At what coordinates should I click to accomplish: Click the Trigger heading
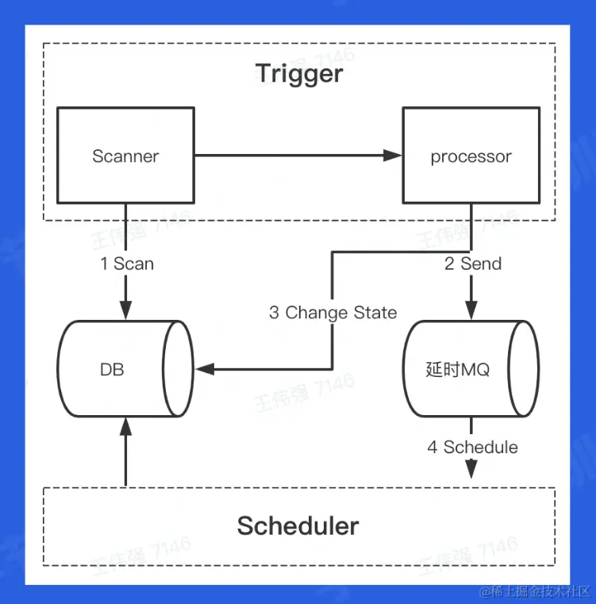tap(299, 73)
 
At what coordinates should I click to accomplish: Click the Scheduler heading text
tap(298, 525)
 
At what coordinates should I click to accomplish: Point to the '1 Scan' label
tap(127, 264)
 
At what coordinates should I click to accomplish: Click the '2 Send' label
tap(473, 264)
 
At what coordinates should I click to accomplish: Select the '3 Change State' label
tap(333, 313)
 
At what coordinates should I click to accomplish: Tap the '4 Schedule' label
tap(472, 447)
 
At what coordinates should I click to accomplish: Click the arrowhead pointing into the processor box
tap(393, 156)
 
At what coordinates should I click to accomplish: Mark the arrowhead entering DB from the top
tap(125, 310)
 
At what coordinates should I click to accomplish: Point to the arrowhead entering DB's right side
tap(205, 369)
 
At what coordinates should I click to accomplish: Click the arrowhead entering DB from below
tap(125, 426)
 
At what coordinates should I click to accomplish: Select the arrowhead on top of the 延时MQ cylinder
tap(471, 310)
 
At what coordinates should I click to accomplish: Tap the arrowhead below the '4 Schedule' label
tap(471, 469)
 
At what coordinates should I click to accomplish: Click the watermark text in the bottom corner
tap(534, 591)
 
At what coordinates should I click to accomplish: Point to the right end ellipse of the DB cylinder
tap(178, 368)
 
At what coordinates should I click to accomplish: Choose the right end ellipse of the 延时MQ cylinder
tap(524, 368)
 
